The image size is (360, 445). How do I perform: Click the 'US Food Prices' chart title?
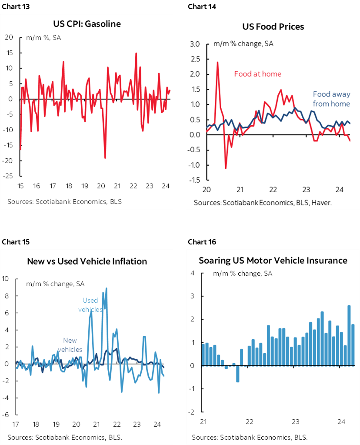(x=273, y=27)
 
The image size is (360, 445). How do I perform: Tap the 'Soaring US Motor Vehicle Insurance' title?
(x=273, y=261)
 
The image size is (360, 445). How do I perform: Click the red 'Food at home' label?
(x=257, y=74)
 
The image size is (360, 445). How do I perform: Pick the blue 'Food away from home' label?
(x=331, y=99)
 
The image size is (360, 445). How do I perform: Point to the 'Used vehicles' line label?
(x=90, y=305)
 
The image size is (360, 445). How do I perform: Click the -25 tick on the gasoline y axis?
(x=9, y=176)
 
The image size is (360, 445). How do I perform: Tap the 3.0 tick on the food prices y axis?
(x=194, y=44)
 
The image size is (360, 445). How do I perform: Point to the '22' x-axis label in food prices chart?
(x=273, y=190)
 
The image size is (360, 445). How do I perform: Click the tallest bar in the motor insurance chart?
(x=349, y=335)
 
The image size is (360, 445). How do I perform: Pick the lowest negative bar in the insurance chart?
(x=237, y=374)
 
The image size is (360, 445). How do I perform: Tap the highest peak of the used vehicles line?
(x=107, y=288)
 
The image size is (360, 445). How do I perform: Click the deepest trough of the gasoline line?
(x=105, y=157)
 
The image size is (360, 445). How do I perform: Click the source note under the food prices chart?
(x=265, y=203)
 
